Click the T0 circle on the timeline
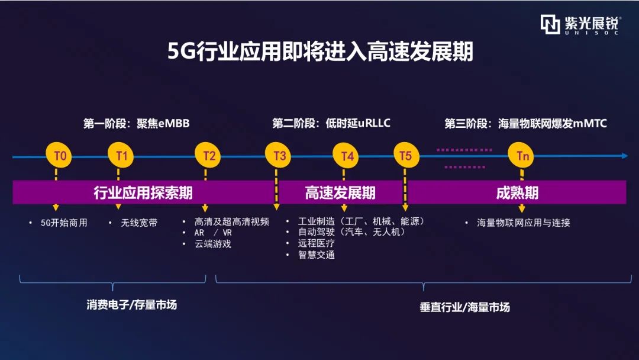pos(59,155)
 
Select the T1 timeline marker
pos(121,155)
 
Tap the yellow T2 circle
pos(208,155)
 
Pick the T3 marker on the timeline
pos(278,155)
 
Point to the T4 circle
pos(346,156)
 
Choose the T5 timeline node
pos(406,155)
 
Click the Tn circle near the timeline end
pos(521,155)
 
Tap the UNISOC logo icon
pos(550,24)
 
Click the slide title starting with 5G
pos(320,52)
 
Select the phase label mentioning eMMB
pos(137,123)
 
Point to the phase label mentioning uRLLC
pos(331,123)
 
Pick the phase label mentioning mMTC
pos(526,123)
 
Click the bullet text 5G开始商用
pos(64,223)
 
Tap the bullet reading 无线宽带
pos(139,223)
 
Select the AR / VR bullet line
pos(213,233)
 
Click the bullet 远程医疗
pos(316,243)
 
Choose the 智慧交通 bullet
pos(316,255)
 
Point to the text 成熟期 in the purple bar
pos(517,192)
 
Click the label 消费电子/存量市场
pos(131,304)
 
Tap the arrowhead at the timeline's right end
pos(625,156)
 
